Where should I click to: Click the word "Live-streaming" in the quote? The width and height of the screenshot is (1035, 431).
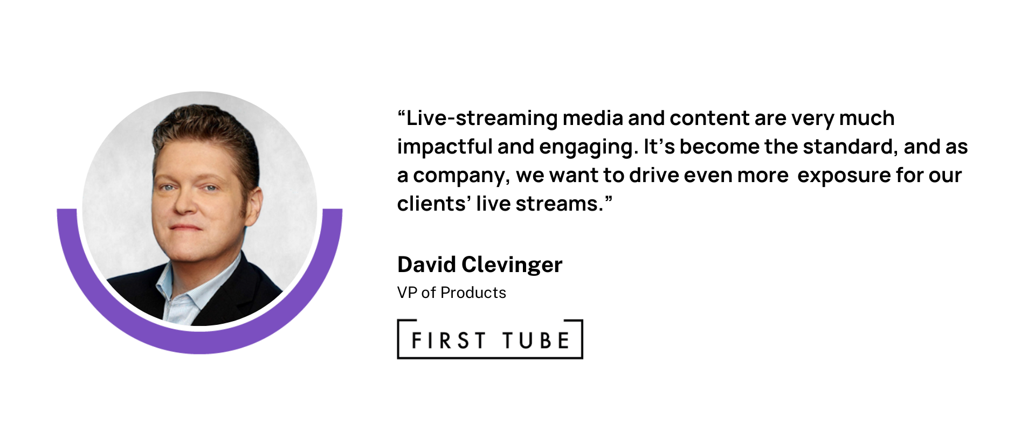[x=482, y=119]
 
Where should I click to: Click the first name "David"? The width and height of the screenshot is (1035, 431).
[x=427, y=265]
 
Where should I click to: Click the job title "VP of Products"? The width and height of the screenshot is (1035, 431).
[x=452, y=293]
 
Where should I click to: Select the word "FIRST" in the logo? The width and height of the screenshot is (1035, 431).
[x=448, y=340]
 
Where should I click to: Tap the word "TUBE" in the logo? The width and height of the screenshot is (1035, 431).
[x=536, y=340]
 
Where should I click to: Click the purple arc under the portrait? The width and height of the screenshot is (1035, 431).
[x=199, y=345]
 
